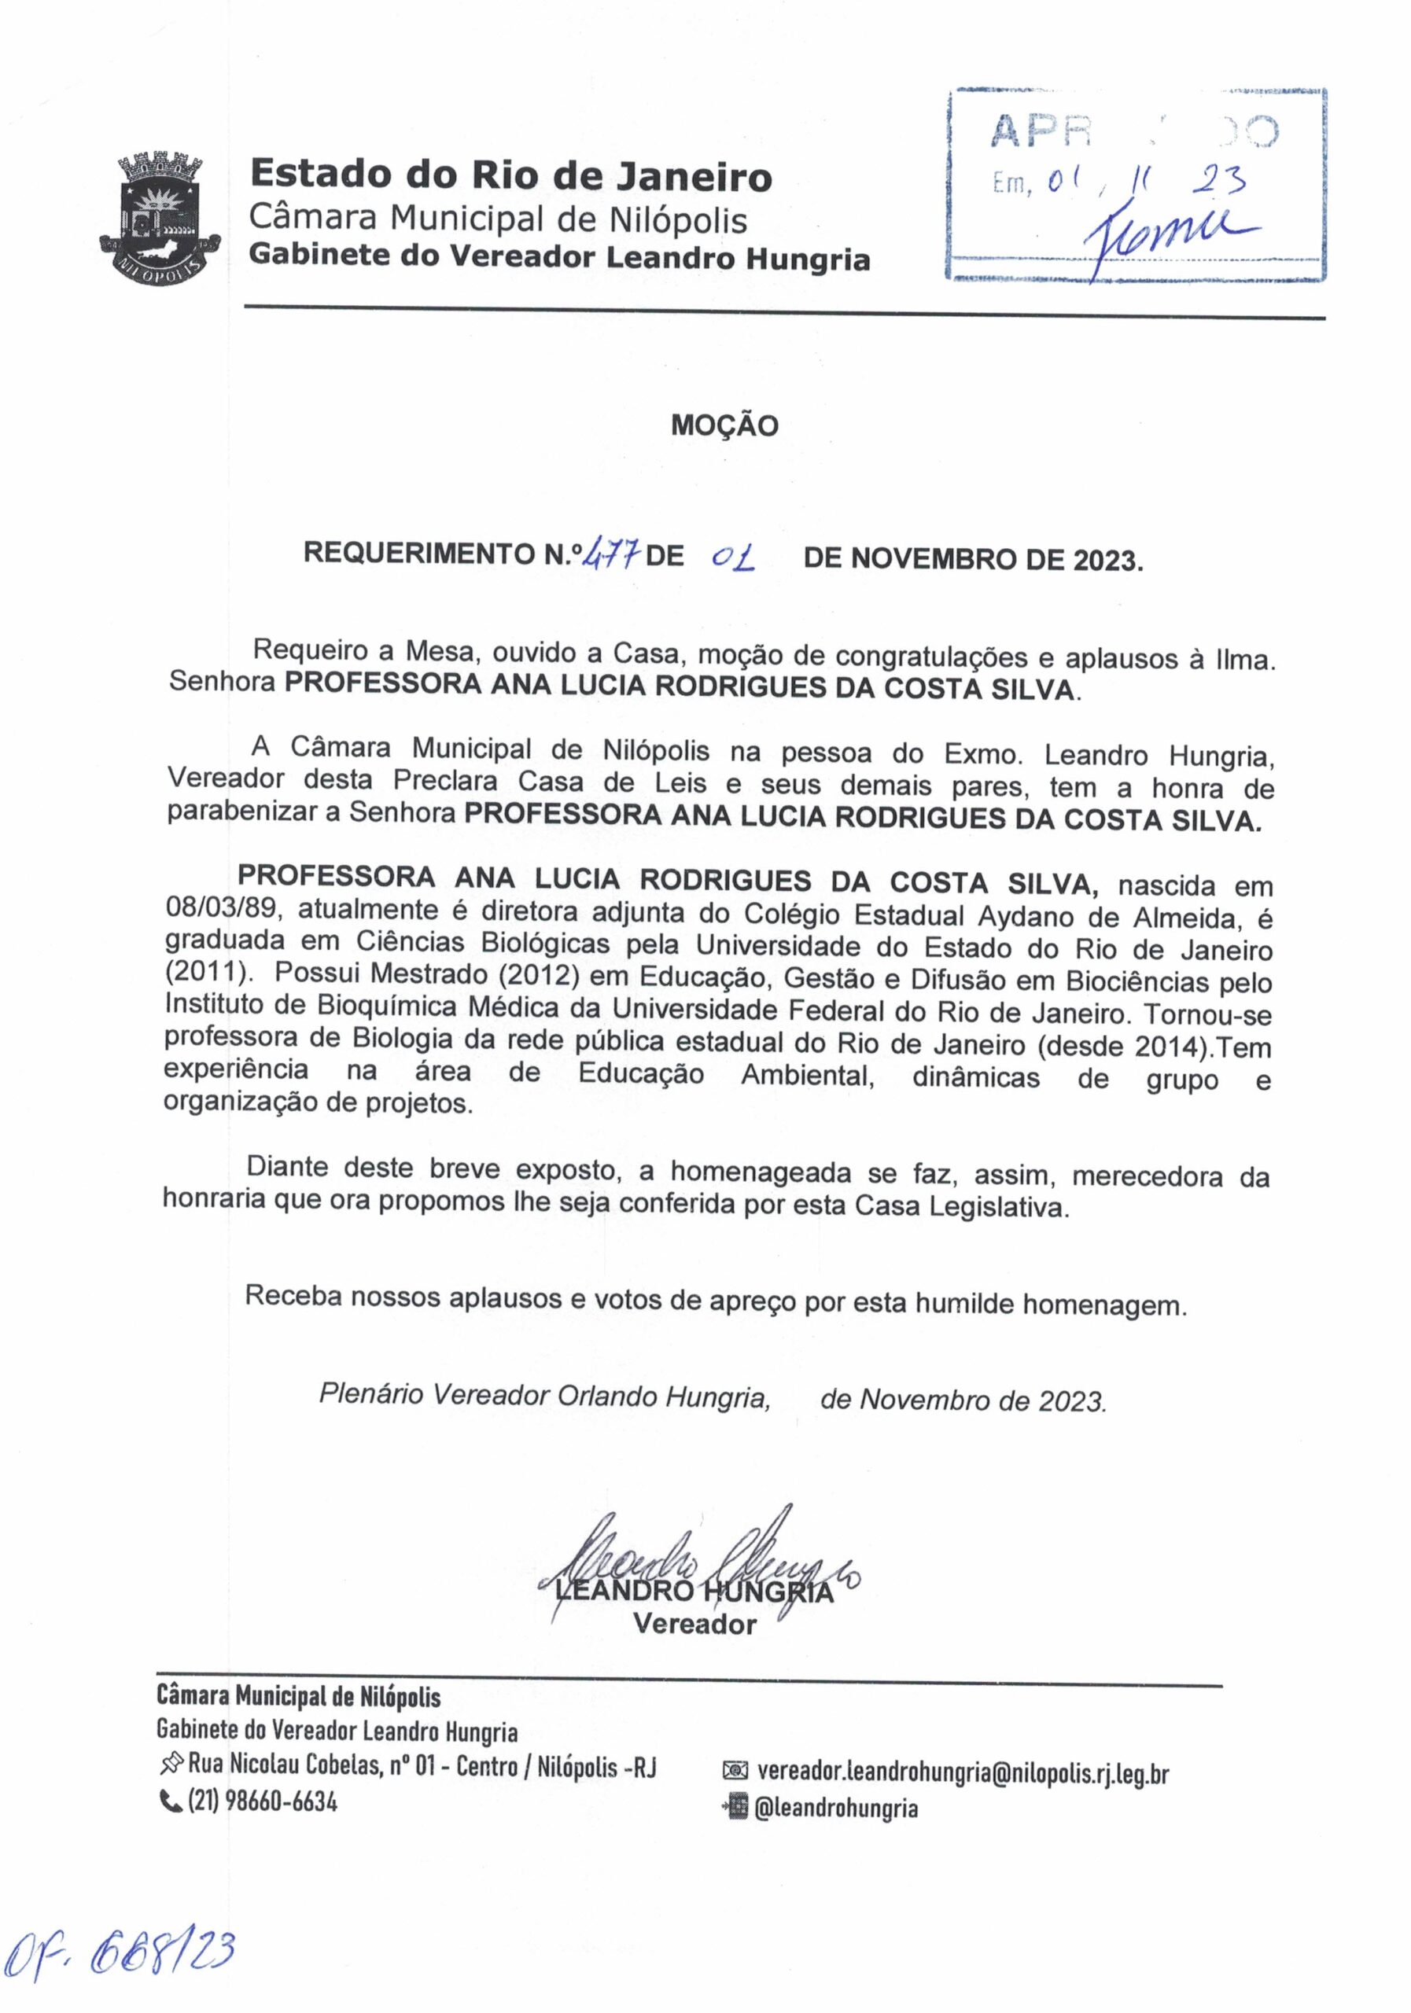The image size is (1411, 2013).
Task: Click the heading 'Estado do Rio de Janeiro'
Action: (x=510, y=175)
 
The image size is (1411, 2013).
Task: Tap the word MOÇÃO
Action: (x=724, y=426)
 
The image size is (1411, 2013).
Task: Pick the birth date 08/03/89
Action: (x=223, y=909)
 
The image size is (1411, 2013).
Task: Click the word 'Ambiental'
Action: (x=808, y=1075)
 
